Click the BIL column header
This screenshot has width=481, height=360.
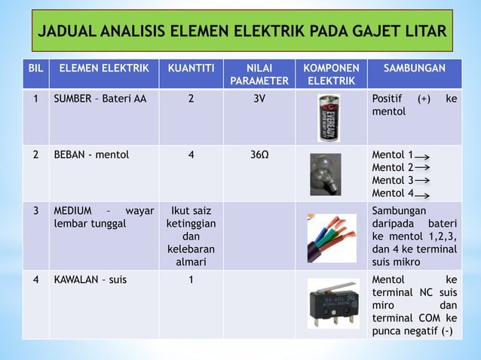[35, 69]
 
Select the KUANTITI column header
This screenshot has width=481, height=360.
[190, 69]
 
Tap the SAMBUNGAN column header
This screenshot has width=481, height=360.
[415, 69]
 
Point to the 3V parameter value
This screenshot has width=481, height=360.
[259, 99]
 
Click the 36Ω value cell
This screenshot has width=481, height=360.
[259, 155]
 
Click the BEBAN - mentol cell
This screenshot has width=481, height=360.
[90, 155]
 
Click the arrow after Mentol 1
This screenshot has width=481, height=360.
[423, 154]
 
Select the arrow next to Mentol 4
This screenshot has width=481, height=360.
[423, 194]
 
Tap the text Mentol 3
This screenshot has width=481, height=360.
[393, 181]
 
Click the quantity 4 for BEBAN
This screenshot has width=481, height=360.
[191, 155]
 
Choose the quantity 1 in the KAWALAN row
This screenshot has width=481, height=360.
[191, 280]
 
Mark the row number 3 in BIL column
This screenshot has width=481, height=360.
[35, 210]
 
